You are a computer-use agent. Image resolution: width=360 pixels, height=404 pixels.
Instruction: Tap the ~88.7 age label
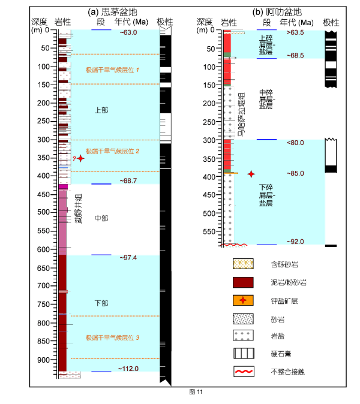pyautogui.click(x=128, y=180)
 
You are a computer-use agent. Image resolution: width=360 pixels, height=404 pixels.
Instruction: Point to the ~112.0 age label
pyautogui.click(x=128, y=369)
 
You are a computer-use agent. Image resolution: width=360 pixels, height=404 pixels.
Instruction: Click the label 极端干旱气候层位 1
pyautogui.click(x=113, y=70)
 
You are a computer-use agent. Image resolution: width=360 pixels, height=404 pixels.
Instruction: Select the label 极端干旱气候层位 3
pyautogui.click(x=113, y=338)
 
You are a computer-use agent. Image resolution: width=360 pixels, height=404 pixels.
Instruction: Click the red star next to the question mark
pyautogui.click(x=81, y=158)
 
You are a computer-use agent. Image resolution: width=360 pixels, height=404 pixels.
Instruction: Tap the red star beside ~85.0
pyautogui.click(x=251, y=174)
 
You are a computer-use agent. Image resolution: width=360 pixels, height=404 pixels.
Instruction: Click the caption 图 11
pyautogui.click(x=196, y=391)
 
